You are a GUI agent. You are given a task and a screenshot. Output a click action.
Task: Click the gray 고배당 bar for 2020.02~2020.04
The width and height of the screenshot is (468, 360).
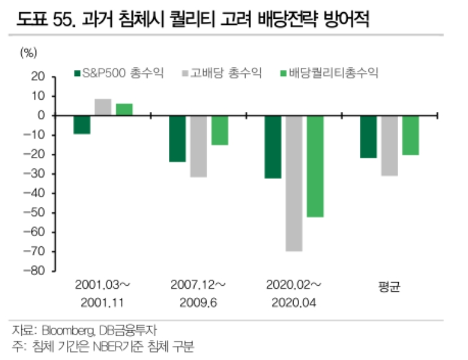tap(294, 183)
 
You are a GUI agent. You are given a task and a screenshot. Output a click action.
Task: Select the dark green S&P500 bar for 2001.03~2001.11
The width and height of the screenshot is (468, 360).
tap(82, 125)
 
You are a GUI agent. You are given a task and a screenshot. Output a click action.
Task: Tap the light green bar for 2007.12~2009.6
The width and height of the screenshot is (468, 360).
tap(220, 130)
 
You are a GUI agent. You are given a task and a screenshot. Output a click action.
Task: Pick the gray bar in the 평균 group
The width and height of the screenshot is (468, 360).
tap(390, 146)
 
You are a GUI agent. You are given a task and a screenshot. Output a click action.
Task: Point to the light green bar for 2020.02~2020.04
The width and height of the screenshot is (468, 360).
tap(315, 166)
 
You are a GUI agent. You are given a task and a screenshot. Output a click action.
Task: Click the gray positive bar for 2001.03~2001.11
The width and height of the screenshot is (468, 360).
tap(103, 107)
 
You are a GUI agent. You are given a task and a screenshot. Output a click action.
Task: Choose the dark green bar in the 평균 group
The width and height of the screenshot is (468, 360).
tap(368, 137)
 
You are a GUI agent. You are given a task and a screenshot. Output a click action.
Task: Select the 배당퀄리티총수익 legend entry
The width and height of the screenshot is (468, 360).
tap(327, 73)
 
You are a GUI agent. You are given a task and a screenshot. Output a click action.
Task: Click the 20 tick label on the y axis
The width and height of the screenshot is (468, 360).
tap(38, 77)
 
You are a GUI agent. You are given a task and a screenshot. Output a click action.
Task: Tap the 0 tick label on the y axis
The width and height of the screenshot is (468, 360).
tap(41, 116)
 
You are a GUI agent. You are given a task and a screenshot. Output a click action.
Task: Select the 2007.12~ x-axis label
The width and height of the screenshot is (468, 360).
tap(198, 285)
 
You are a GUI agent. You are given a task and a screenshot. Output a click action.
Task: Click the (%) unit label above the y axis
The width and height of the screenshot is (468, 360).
tap(29, 52)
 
